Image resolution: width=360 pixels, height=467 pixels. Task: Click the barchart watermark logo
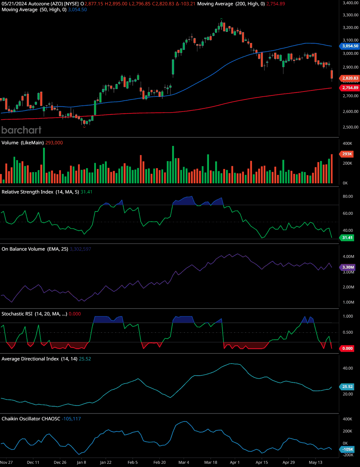[21, 130]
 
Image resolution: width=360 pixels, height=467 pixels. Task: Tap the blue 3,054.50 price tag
[350, 46]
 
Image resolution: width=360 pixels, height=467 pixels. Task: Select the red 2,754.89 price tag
[350, 88]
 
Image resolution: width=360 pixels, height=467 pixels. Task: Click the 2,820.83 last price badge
[350, 78]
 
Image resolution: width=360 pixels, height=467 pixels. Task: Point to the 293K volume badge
[347, 154]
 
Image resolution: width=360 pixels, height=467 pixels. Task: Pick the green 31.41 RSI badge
[347, 238]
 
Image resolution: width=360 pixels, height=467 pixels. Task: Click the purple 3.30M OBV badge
[348, 267]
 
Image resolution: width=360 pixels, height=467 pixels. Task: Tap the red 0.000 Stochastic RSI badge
[347, 348]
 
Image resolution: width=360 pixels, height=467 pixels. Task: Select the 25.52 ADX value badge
[347, 387]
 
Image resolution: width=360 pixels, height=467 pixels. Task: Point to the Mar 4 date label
[184, 462]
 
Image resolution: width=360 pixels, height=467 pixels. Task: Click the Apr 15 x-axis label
[262, 462]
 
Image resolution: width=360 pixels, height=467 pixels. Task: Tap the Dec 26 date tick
[60, 462]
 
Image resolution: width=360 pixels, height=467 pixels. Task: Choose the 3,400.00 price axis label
[350, 3]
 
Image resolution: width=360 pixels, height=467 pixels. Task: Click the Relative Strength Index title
[27, 192]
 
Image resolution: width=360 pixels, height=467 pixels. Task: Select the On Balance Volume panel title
[23, 249]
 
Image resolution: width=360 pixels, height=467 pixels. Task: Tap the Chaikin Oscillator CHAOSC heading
[31, 419]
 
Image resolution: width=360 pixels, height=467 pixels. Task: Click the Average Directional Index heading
[30, 359]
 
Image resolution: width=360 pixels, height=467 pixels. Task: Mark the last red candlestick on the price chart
[332, 75]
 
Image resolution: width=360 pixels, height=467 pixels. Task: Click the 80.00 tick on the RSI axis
[348, 196]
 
